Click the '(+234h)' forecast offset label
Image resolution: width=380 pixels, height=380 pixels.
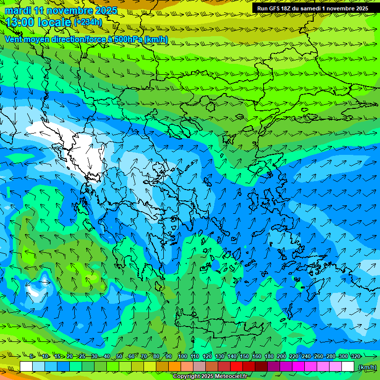coord(88,22)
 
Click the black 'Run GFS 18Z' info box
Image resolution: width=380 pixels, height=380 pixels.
coord(313,8)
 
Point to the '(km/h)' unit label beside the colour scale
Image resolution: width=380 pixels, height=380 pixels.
coord(367,367)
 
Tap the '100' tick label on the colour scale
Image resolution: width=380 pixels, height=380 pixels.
coord(182,356)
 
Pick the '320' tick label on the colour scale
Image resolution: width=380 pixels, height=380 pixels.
coord(356,356)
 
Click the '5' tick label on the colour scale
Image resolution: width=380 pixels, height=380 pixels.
coord(31,356)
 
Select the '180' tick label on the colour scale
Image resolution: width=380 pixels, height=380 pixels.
coord(269,356)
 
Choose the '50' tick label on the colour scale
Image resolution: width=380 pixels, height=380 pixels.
coord(119,356)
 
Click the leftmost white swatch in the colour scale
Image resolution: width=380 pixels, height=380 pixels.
coord(26,367)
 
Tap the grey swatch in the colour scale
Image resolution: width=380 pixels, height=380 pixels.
coord(199,367)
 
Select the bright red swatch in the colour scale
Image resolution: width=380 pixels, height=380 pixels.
coord(237,367)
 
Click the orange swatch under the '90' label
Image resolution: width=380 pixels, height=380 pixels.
coord(175,367)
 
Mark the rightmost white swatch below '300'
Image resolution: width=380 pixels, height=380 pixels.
coord(348,367)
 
